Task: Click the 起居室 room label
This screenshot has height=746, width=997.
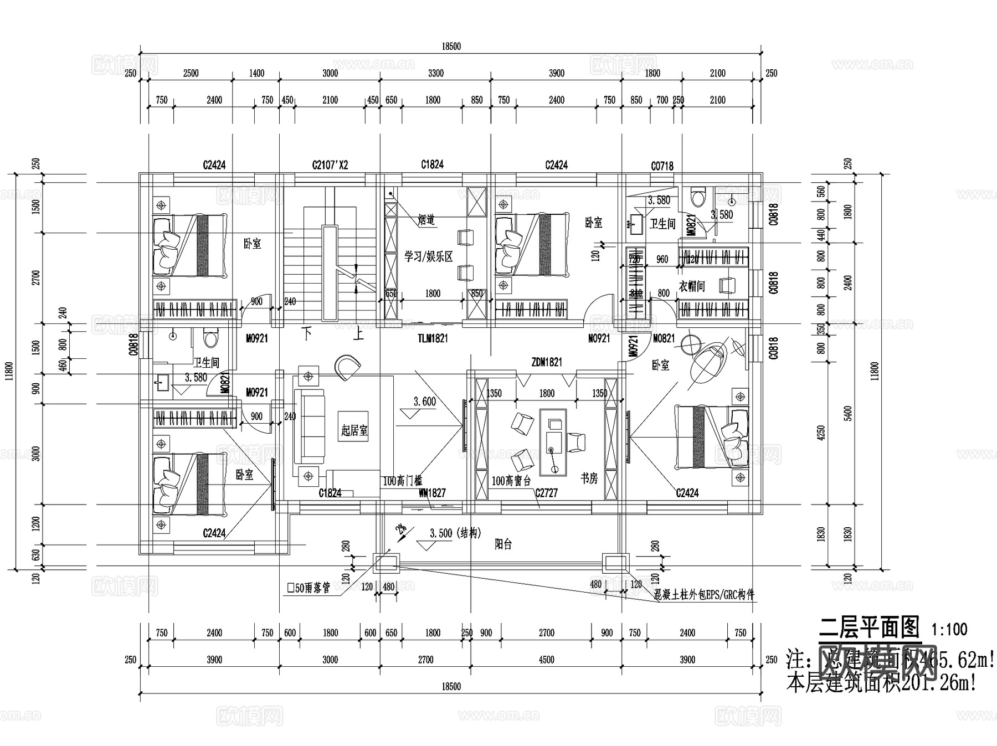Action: [x=354, y=430]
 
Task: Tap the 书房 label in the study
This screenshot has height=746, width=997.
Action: [x=589, y=478]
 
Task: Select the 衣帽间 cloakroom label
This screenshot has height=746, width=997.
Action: [x=692, y=286]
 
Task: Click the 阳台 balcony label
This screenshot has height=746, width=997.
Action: [x=503, y=545]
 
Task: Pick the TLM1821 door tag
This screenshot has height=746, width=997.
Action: [x=433, y=338]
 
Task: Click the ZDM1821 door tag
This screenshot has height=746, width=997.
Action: [x=546, y=362]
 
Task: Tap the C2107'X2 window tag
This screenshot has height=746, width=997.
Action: [x=330, y=165]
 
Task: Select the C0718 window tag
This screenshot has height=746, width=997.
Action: [x=662, y=166]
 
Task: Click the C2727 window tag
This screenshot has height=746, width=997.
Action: [x=546, y=493]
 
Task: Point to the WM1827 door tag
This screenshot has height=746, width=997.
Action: [x=432, y=492]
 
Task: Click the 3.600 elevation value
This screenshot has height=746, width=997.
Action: [x=425, y=402]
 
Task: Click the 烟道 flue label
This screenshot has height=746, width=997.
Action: [x=426, y=220]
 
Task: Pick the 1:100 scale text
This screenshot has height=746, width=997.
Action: [x=949, y=629]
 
